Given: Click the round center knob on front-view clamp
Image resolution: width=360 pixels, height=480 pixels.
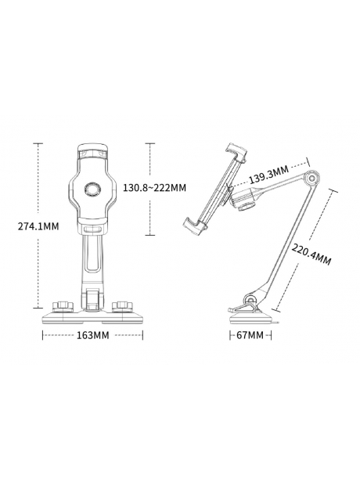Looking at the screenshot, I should pos(94,188).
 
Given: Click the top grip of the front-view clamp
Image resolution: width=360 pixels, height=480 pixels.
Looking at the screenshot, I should pos(94,148).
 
